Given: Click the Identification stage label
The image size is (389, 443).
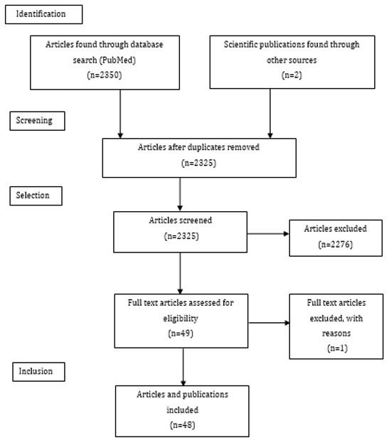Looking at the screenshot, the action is (x=41, y=14).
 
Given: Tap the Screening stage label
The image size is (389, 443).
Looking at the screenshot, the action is (x=34, y=120).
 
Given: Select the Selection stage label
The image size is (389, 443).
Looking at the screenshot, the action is (x=33, y=196).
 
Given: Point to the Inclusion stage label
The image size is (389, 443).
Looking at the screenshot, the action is (x=36, y=371).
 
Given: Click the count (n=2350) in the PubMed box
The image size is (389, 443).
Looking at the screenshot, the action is (x=105, y=75).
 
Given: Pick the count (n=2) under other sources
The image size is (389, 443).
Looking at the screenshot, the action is (x=292, y=75).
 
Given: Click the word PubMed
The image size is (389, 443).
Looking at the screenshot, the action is (x=118, y=60).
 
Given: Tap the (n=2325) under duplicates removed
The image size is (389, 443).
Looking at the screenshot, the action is (x=198, y=163).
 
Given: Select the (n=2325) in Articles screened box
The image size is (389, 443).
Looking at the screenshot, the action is (x=181, y=236).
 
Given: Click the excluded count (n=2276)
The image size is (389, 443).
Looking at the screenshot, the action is (x=336, y=244).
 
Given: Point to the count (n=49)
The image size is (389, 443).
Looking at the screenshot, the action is (x=181, y=333).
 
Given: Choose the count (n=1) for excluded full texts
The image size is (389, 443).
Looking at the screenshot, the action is (x=337, y=348).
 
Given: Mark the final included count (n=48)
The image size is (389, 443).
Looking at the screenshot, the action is (x=183, y=425).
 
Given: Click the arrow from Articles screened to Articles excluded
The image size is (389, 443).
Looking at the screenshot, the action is (x=268, y=234).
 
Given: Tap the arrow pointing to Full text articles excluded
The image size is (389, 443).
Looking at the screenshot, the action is (x=270, y=323).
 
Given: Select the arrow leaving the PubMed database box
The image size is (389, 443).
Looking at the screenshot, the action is (x=120, y=114).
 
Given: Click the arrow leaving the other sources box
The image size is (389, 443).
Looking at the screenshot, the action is (x=270, y=113).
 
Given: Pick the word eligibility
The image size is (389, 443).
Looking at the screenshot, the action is (x=181, y=319).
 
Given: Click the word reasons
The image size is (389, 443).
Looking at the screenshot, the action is (x=336, y=333).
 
